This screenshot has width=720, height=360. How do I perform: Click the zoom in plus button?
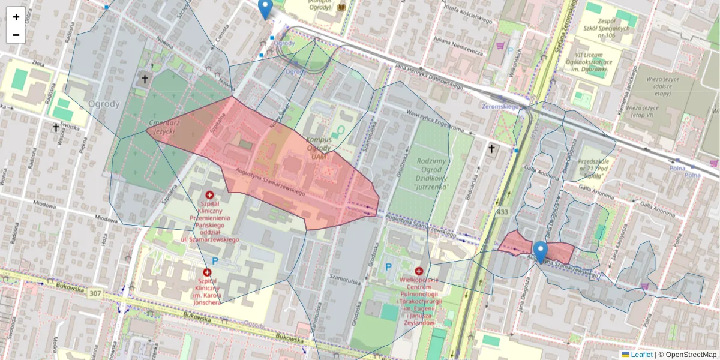(16, 17)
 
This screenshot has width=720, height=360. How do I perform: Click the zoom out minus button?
(16, 35)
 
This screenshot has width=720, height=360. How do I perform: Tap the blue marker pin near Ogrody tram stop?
(265, 8)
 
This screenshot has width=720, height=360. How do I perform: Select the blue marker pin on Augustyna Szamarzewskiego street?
(541, 251)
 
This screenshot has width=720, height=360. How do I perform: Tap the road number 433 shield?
(502, 212)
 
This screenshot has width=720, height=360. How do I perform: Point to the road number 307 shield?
(94, 293)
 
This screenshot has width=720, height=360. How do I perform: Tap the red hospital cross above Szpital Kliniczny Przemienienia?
(209, 195)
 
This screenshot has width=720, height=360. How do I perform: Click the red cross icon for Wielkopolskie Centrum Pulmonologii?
(419, 271)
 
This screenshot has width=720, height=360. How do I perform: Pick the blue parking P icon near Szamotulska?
(388, 266)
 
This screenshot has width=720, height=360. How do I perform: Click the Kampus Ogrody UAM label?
(319, 144)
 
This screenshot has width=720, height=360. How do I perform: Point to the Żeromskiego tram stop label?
(500, 106)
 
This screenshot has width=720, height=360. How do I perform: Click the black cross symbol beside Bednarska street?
(492, 148)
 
